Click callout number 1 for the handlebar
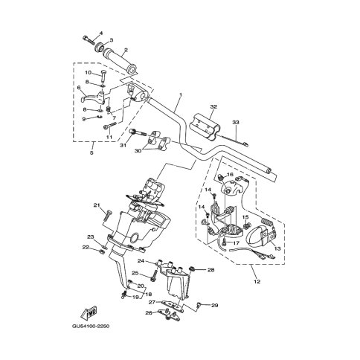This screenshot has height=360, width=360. pos(179,95)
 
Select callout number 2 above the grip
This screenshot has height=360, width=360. pos(126,51)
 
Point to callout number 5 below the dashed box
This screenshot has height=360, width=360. pos(91,154)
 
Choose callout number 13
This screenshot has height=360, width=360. pos(277,249)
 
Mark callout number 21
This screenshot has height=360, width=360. pos(96,205)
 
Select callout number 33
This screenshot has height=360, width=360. pos(236,122)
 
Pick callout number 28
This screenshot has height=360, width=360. pos(211,269)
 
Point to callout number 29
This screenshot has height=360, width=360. pos(215,306)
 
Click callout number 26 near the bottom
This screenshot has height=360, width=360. pos(147,313)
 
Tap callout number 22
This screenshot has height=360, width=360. pos(86,246)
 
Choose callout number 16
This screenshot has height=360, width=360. pos(230,176)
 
